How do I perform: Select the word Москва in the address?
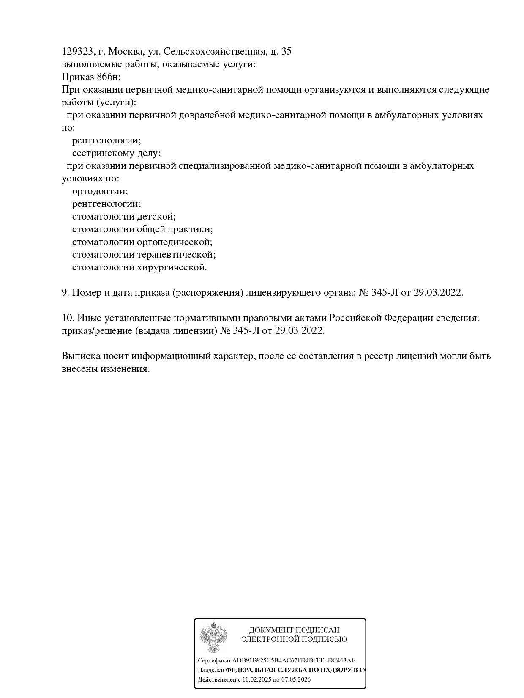point(125,52)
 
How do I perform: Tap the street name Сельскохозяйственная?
point(215,52)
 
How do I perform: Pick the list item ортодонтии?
point(100,191)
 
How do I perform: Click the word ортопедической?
point(174,242)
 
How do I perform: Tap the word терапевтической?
point(176,255)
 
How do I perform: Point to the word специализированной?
point(224,166)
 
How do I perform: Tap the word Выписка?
point(81,356)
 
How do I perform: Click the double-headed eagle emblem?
point(213,637)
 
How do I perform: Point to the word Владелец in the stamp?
point(211,670)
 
